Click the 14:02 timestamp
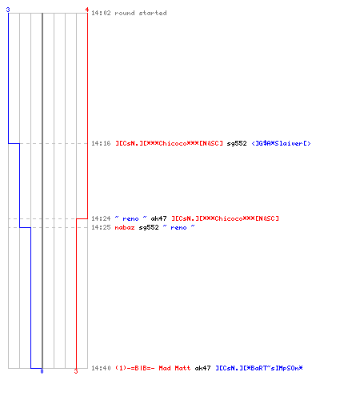[101, 13]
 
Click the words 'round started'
[141, 13]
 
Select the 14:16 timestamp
[101, 143]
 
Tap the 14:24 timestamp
[101, 218]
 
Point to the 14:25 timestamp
[101, 227]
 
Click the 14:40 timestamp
[101, 368]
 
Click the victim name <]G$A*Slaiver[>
[281, 143]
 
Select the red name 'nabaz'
[125, 227]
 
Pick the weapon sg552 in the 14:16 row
[237, 144]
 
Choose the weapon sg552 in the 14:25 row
[149, 228]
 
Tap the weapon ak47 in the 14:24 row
[158, 218]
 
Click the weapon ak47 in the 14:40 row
[202, 368]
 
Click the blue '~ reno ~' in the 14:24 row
[130, 218]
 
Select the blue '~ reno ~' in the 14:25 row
[178, 227]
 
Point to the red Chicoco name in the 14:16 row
[169, 143]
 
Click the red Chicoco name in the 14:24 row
[225, 218]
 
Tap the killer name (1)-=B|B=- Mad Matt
[153, 368]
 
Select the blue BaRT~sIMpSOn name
[259, 368]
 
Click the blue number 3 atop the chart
[8, 10]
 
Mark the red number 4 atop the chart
[87, 10]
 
